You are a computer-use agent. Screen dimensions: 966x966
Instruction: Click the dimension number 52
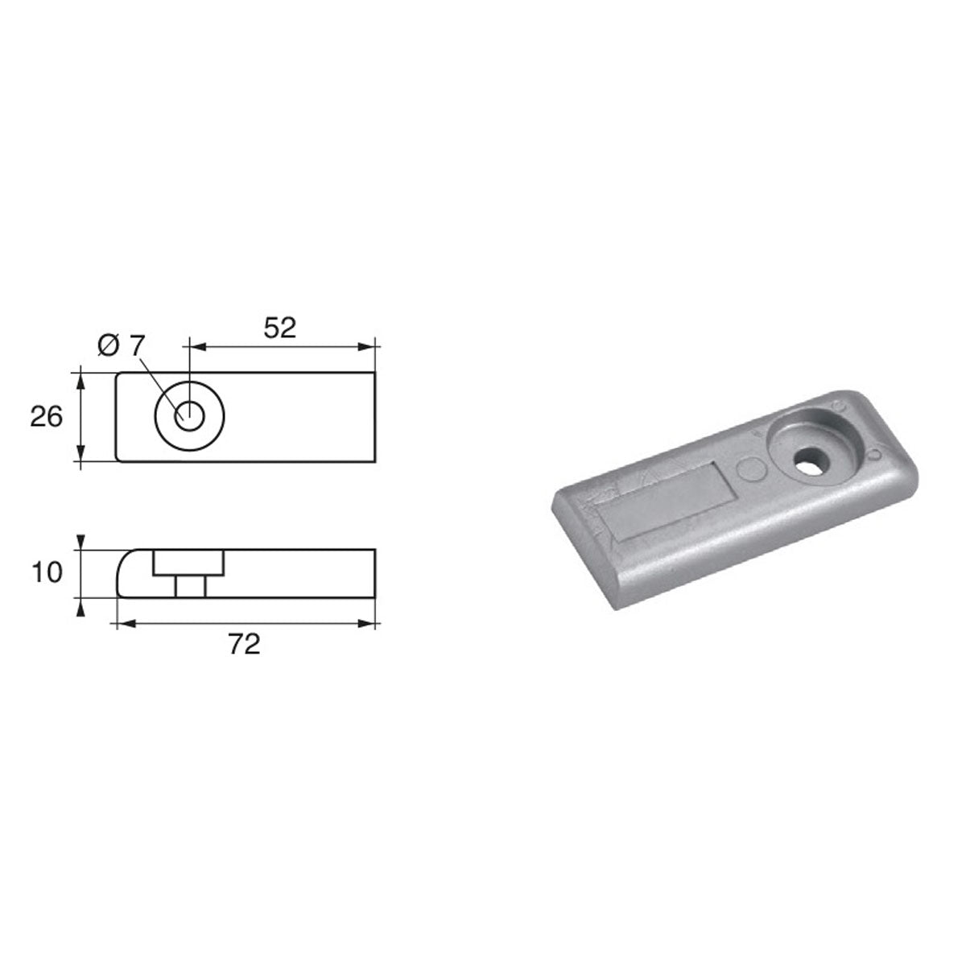(279, 327)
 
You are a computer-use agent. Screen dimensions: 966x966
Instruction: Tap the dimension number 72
(245, 644)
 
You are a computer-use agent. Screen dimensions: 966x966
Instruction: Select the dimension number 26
(46, 417)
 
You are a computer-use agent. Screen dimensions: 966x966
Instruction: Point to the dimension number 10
(46, 573)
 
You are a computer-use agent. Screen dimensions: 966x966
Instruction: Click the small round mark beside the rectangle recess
(748, 467)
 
